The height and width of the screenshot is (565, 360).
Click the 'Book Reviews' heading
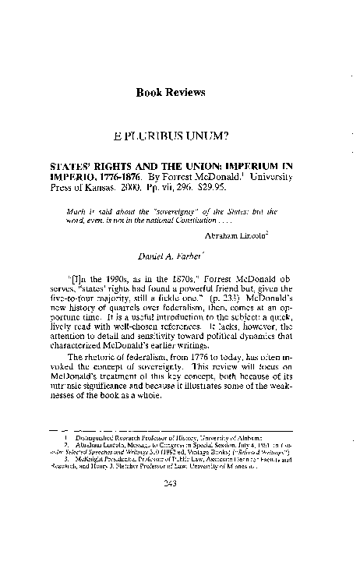[171, 92]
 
